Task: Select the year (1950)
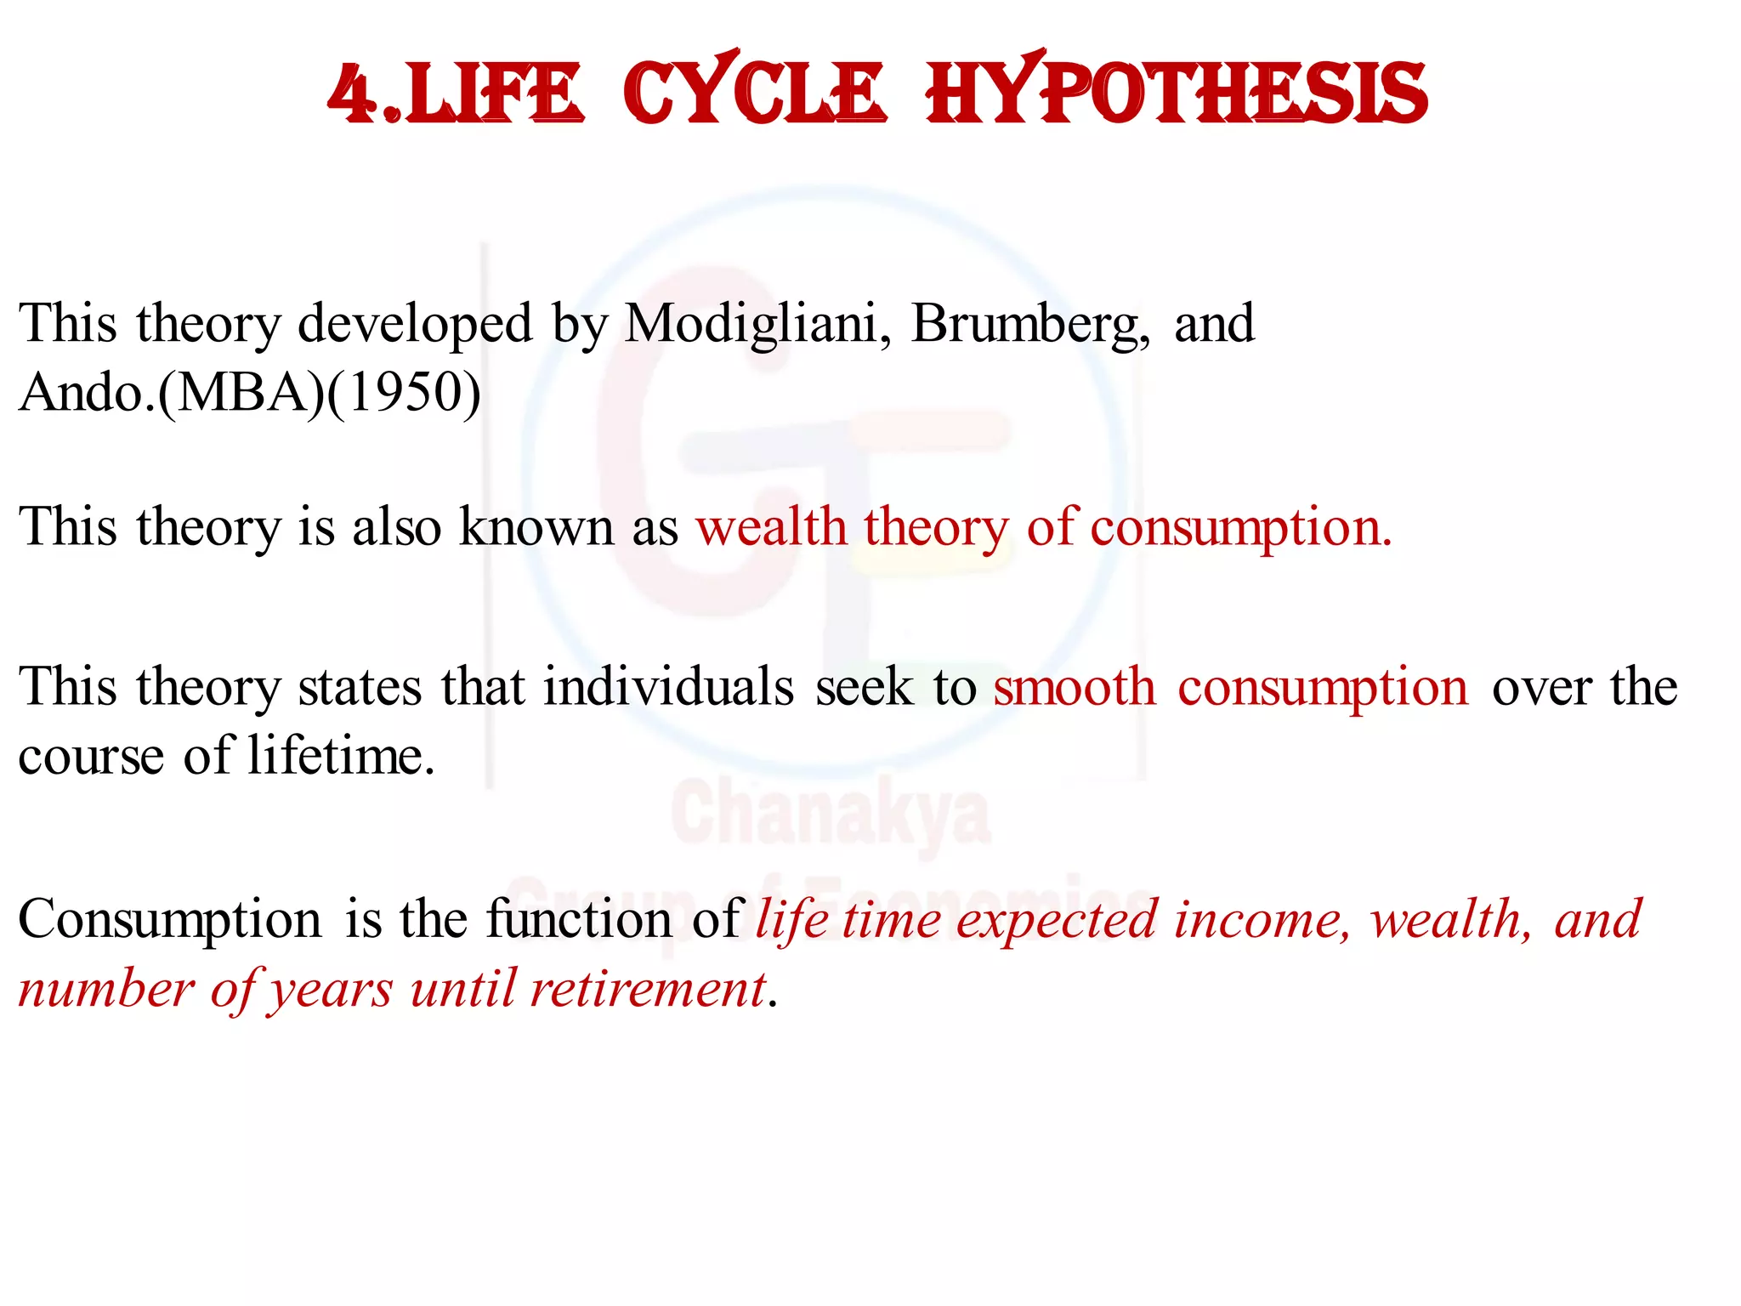(404, 394)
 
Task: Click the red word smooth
(1075, 687)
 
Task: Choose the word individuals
(669, 687)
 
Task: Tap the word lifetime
(341, 756)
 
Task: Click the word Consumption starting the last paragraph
(170, 921)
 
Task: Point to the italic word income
(1262, 921)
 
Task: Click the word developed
(415, 325)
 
